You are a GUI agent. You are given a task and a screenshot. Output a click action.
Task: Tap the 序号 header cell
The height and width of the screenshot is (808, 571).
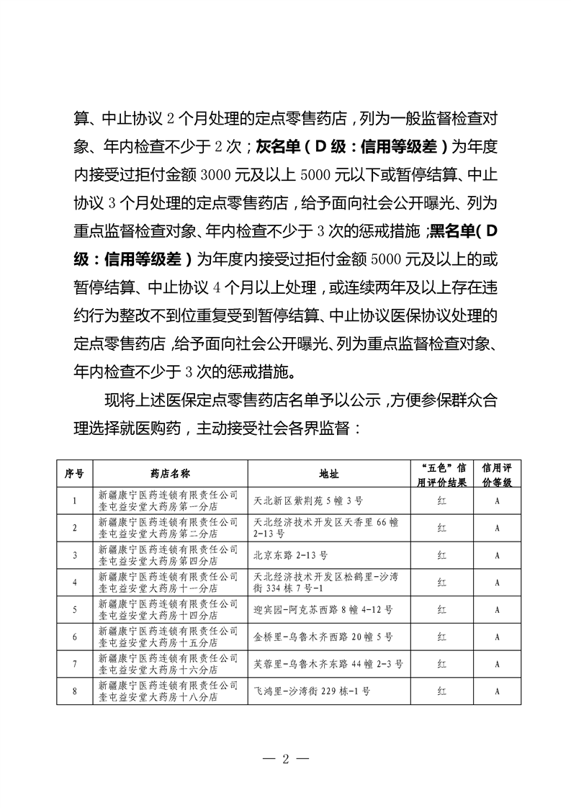(74, 473)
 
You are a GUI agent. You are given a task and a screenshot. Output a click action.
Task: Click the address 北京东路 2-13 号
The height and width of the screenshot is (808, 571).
(292, 555)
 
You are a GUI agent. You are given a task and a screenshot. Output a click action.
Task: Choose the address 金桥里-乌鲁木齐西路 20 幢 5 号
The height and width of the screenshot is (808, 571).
(323, 637)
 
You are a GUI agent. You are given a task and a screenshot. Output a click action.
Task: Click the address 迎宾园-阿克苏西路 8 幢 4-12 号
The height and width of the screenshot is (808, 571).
(323, 609)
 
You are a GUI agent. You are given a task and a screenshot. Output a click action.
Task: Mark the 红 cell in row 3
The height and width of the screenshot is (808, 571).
(442, 555)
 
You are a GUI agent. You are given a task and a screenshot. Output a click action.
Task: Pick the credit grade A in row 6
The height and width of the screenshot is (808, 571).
(497, 637)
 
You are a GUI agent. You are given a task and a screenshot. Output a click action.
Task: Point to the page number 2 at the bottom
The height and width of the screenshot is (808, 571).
(286, 758)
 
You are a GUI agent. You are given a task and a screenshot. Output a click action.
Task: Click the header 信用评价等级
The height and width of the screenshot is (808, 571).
(497, 473)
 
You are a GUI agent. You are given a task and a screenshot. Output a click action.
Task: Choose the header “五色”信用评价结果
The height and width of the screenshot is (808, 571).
(442, 473)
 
